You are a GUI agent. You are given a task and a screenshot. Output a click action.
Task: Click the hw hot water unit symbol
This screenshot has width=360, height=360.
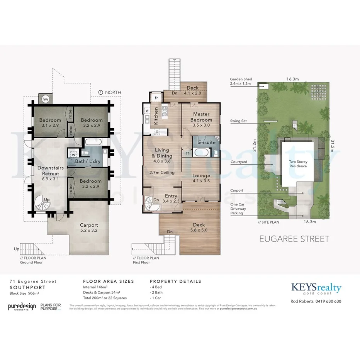pos(45,99)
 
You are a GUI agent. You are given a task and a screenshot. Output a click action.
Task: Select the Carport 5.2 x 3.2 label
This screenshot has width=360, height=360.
pos(89,228)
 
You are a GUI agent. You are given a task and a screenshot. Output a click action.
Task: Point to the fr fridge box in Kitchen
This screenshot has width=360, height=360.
pos(156,98)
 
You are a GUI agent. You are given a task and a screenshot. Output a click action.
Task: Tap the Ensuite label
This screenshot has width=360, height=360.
pos(207,143)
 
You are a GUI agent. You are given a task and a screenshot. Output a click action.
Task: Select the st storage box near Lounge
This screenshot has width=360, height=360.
pos(187,153)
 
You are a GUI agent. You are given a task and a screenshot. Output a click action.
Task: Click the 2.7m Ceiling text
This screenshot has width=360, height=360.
pos(162,172)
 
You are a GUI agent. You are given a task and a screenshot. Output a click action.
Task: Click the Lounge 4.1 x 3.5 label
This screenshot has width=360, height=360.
pos(201,178)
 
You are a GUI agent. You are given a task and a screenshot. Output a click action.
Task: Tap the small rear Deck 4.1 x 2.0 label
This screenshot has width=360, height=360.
pos(192,90)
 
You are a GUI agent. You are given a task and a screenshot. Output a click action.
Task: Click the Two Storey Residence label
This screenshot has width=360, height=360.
pos(298,164)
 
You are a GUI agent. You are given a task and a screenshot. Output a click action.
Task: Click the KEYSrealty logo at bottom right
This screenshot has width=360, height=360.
pos(316,288)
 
